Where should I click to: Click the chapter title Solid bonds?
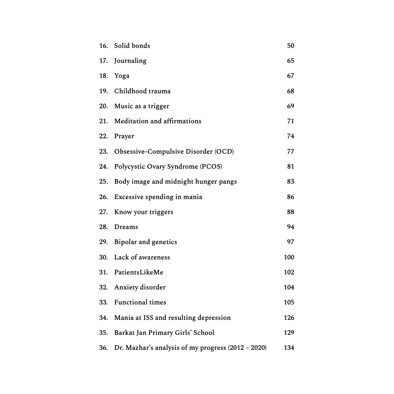pos(132,46)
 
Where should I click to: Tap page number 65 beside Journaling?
pos(290,61)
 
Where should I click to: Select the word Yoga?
pos(122,76)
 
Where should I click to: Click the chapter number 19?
pos(103,91)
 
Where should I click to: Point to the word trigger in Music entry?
pos(158,106)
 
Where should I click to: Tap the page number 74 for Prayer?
pos(290,136)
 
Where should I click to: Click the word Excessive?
pos(129,197)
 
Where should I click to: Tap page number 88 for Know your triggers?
pos(290,212)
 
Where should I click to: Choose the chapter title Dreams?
pos(126,227)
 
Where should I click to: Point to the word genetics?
pos(164,242)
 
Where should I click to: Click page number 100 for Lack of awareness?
pos(289,257)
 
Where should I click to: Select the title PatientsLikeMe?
pos(139,272)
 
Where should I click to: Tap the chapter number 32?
pos(103,287)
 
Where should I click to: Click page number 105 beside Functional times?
pos(289,302)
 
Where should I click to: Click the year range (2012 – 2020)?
pos(247,348)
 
